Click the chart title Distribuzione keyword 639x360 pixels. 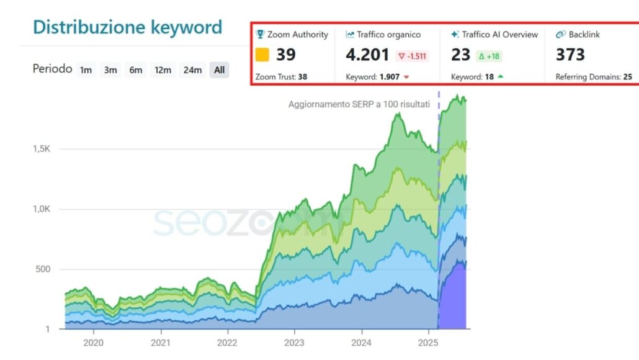(127, 27)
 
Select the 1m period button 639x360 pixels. (86, 70)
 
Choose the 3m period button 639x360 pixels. (110, 70)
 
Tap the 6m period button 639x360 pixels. (135, 70)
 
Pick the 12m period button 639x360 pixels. (163, 70)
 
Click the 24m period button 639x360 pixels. (192, 70)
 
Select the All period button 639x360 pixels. (219, 70)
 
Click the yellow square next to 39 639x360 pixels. (262, 55)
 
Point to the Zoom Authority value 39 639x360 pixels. (286, 55)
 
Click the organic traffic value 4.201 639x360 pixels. (367, 55)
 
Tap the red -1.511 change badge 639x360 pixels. (413, 56)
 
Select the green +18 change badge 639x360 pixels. (489, 56)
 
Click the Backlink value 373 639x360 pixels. (570, 55)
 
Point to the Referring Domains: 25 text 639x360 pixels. (594, 77)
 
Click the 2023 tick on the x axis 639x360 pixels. (294, 342)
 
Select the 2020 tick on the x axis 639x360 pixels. (93, 342)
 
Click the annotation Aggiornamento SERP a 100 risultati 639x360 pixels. (359, 104)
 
